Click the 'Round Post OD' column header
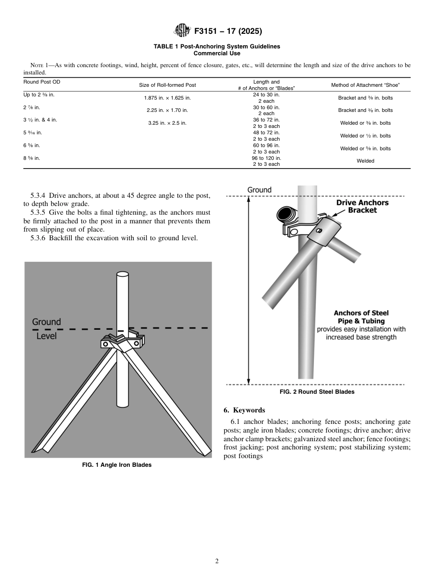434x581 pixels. pos(42,82)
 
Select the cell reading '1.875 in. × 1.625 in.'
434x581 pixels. pos(167,98)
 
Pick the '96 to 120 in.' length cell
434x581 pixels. pos(266,158)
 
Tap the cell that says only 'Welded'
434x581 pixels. pos(365,161)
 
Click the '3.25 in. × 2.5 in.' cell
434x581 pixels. pos(167,123)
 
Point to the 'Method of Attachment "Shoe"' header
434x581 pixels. pos(365,85)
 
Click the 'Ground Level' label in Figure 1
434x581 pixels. pos(46,328)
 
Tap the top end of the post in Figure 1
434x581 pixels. pos(122,275)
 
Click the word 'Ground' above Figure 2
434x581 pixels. pos(259,190)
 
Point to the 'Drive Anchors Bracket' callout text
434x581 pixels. pos(362,206)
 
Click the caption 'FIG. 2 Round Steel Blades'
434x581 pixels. pos(317,392)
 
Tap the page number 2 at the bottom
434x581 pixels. pos(217,561)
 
